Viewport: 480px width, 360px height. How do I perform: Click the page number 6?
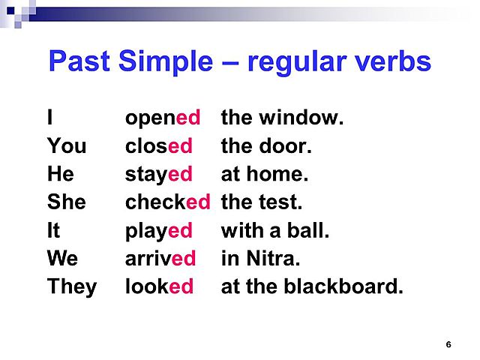coord(448,344)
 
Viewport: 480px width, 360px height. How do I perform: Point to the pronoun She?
coord(66,202)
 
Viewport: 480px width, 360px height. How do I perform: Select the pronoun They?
coord(72,286)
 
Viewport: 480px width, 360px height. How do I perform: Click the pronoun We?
coord(62,259)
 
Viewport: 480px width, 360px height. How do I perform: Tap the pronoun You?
coord(67,146)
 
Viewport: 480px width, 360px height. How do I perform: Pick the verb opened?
coord(163,118)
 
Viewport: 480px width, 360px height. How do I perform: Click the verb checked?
coord(168,202)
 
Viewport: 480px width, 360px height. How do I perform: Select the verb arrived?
coord(160,259)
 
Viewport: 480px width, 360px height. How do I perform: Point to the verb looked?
coord(160,286)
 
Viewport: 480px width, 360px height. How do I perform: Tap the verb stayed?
coord(159,175)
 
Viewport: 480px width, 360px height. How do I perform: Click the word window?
coord(300,118)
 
